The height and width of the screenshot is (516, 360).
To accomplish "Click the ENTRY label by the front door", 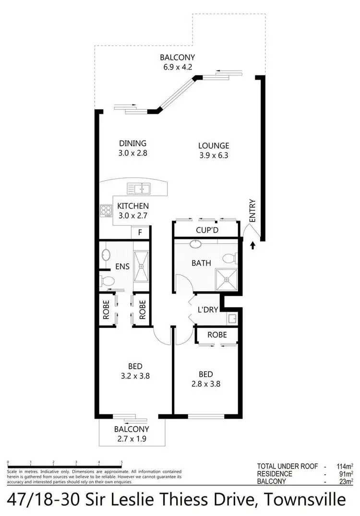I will click(252, 211).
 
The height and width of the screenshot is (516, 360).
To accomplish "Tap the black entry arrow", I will click(253, 246).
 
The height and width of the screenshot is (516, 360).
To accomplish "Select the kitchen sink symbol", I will click(139, 188).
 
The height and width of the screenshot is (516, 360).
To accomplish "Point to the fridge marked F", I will click(140, 233).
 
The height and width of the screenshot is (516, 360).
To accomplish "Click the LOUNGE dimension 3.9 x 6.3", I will click(214, 155).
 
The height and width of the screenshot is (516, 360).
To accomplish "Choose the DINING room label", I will click(132, 143).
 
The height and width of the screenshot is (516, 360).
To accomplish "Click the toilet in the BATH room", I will click(229, 259).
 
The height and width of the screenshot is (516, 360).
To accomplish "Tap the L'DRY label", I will click(208, 310).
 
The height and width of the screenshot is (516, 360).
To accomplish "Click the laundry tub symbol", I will click(232, 318).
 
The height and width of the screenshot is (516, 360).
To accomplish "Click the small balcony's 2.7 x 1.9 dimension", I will click(132, 438).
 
